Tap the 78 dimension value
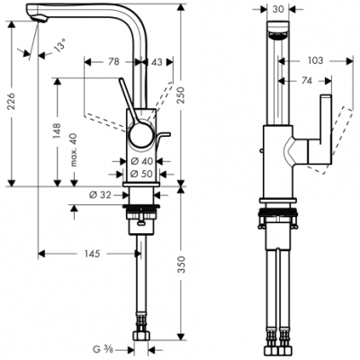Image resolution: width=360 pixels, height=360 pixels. (113, 61)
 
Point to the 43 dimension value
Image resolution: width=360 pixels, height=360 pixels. (157, 61)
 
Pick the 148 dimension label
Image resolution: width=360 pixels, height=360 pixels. (56, 133)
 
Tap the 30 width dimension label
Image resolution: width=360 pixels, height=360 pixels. (279, 8)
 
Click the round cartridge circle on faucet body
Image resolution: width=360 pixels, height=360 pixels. (139, 137)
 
